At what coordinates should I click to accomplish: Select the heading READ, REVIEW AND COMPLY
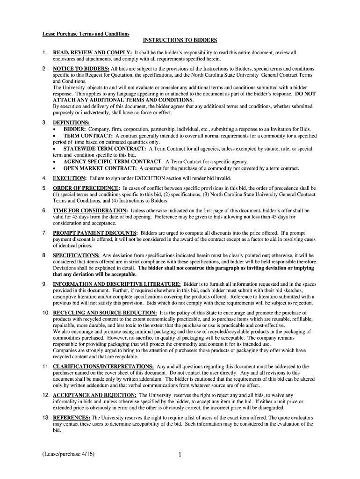[93, 53]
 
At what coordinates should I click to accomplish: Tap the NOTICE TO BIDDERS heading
[81, 69]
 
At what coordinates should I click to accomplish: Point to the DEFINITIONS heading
[71, 123]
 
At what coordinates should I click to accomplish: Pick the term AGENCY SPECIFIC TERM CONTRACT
[113, 162]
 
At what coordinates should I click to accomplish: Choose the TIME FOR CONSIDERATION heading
[90, 210]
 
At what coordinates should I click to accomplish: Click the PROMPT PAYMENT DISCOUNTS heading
[95, 233]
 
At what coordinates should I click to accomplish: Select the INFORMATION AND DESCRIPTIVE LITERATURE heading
[117, 284]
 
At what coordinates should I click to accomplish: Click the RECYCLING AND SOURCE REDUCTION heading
[105, 312]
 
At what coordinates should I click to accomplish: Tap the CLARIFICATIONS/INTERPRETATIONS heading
[103, 366]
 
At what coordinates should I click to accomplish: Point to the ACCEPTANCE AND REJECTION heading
[95, 395]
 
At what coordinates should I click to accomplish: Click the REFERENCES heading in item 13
[72, 417]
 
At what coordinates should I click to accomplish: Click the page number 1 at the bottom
[180, 454]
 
